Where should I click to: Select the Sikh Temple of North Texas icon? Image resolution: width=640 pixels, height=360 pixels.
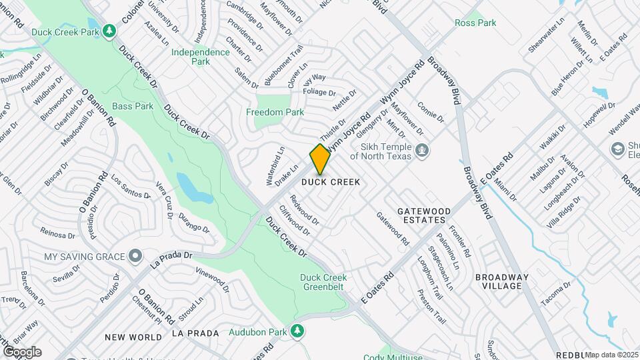coord(421,151)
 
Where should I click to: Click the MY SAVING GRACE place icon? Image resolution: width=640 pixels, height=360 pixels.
coord(136,256)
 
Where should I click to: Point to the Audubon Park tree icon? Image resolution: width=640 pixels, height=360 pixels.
coord(299,331)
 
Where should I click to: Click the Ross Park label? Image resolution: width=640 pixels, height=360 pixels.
coord(475,23)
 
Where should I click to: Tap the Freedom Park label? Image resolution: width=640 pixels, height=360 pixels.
coord(275,112)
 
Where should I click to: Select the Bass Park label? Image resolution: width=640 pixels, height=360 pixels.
coord(133,106)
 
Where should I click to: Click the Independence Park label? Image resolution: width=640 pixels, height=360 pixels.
coord(200,57)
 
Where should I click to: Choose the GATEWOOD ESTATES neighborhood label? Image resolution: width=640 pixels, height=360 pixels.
coord(424,215)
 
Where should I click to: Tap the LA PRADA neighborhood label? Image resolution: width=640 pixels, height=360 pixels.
coord(195,333)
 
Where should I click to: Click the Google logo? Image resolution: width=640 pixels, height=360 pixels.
coord(22,352)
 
